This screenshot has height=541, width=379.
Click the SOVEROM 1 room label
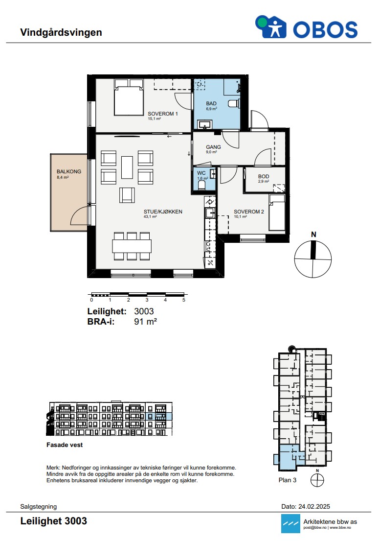point(163,114)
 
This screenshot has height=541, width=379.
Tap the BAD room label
point(211,103)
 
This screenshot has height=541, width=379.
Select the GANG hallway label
point(213,147)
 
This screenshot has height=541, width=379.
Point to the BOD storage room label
point(264,176)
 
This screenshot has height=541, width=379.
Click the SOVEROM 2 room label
point(249,212)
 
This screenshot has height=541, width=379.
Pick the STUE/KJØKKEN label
point(163,212)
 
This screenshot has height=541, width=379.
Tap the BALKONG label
point(69,171)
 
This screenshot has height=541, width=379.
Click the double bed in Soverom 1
point(129,97)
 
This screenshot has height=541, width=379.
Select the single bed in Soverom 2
point(277,212)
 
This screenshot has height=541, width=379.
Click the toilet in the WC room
point(202,185)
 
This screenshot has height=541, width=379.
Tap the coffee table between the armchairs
point(127,167)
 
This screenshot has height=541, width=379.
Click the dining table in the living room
point(132,246)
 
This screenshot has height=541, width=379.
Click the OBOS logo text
point(325,29)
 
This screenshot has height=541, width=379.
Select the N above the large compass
point(313,235)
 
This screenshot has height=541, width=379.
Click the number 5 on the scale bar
point(184,300)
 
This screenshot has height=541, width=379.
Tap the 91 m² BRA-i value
point(145,322)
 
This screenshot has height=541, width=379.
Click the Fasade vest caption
point(65,445)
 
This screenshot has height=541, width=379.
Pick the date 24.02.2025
point(314,507)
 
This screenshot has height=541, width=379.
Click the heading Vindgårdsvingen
point(61,32)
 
